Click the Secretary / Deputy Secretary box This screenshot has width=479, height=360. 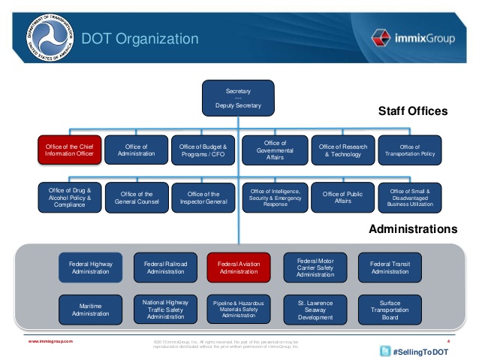pyautogui.click(x=239, y=98)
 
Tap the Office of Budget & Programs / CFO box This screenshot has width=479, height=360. pyautogui.click(x=203, y=149)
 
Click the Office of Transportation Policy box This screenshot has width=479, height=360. pyautogui.click(x=410, y=149)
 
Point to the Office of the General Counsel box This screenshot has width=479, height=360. pyautogui.click(x=137, y=198)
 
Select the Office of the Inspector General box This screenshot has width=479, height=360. pyautogui.click(x=203, y=198)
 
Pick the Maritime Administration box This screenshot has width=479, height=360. pyautogui.click(x=90, y=309)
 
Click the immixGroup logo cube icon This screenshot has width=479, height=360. pyautogui.click(x=381, y=38)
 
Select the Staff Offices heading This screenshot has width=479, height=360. pyautogui.click(x=412, y=111)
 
